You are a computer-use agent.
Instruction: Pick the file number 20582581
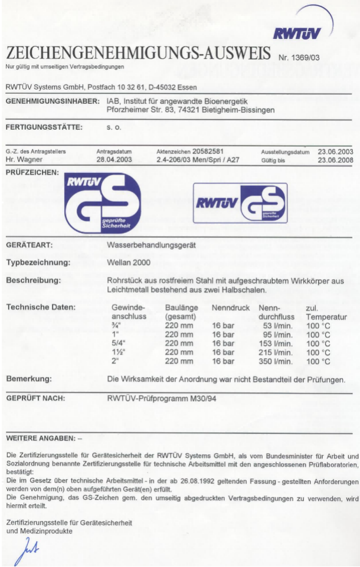(x=207, y=152)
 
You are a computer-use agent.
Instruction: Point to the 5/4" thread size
(x=118, y=343)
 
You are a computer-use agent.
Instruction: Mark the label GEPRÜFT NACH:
(x=35, y=399)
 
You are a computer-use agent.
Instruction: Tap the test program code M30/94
(x=200, y=399)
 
